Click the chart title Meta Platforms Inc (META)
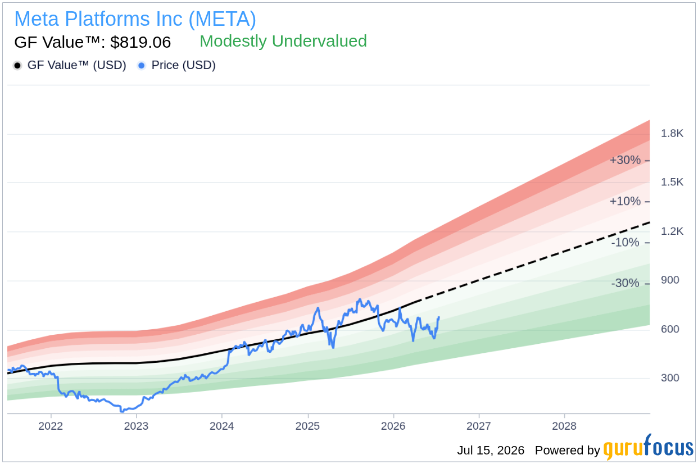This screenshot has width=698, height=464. (x=135, y=19)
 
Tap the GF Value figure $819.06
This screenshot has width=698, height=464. (x=140, y=42)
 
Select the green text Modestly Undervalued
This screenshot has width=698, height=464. (x=283, y=41)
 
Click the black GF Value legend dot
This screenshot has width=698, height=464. (x=17, y=66)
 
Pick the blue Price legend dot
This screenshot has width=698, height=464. (x=142, y=66)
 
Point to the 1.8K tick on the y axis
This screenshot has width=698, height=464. (x=672, y=134)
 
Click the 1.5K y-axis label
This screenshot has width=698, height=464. (x=672, y=182)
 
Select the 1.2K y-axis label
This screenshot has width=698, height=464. (x=672, y=231)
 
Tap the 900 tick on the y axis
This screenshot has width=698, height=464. (x=670, y=280)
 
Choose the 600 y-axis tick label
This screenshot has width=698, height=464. (x=670, y=329)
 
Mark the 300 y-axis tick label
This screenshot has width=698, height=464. (x=670, y=378)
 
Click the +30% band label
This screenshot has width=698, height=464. (x=625, y=160)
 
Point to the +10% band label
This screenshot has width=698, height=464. (x=625, y=201)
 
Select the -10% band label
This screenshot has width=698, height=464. (x=625, y=242)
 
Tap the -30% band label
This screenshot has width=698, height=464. (x=625, y=283)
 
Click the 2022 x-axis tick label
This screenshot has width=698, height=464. (x=51, y=426)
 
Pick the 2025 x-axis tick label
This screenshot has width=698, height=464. (x=308, y=426)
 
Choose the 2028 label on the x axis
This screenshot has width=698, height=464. (x=564, y=426)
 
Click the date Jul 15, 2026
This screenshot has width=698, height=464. (x=491, y=451)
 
